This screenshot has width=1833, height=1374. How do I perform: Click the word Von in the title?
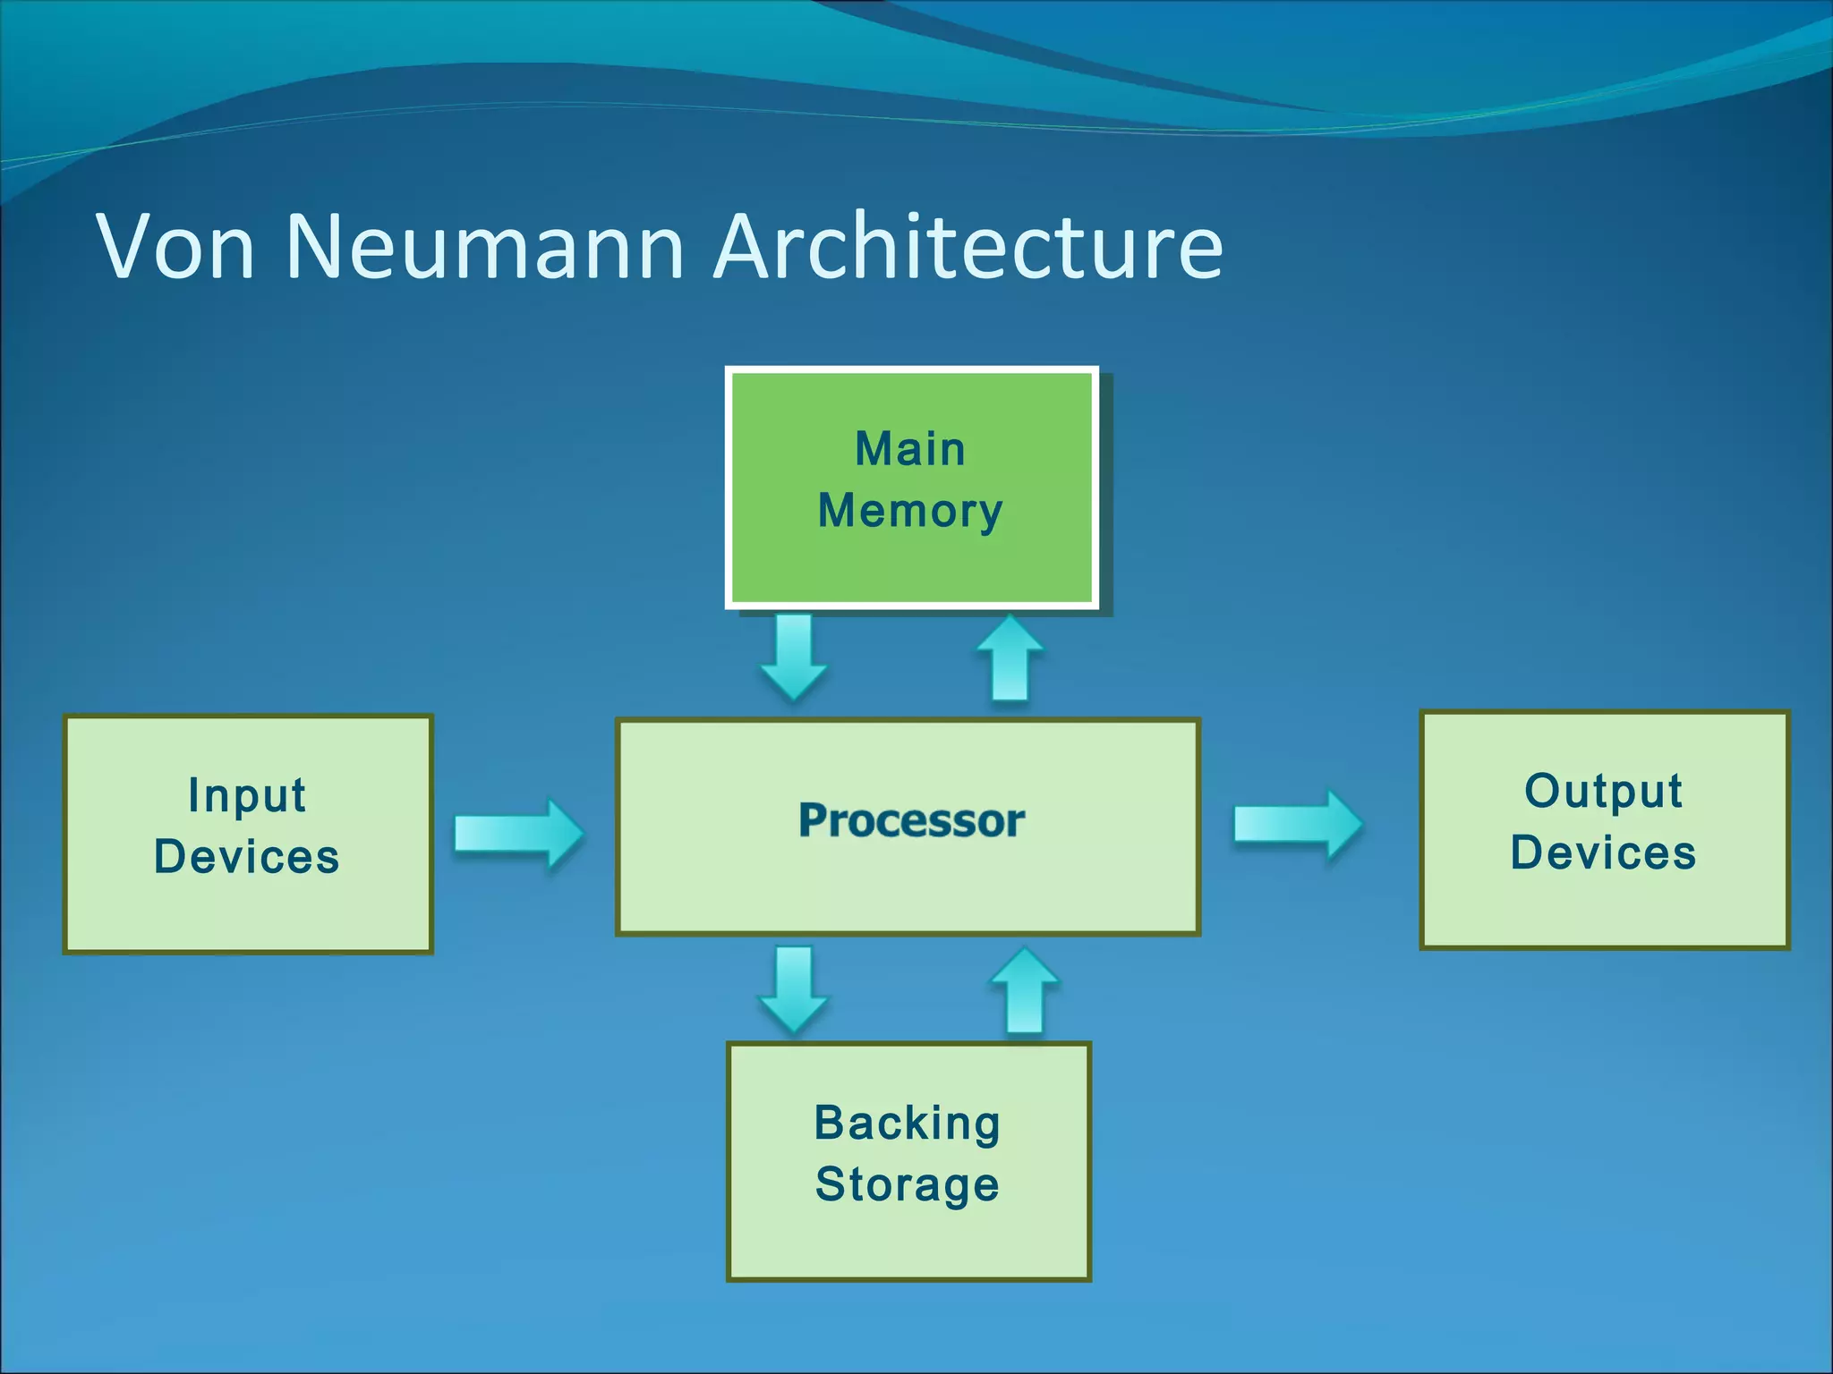[175, 247]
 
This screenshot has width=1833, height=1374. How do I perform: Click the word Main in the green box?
[910, 449]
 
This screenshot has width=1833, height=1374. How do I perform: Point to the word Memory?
[910, 512]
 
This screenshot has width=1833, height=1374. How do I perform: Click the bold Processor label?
[911, 820]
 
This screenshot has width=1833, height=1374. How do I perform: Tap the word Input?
[247, 795]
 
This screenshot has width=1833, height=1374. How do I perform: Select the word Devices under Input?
[247, 857]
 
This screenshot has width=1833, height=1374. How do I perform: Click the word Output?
[1603, 791]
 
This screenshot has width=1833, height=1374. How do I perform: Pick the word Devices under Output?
[1603, 852]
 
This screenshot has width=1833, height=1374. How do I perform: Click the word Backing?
[907, 1124]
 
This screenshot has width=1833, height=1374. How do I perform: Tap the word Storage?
[907, 1185]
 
